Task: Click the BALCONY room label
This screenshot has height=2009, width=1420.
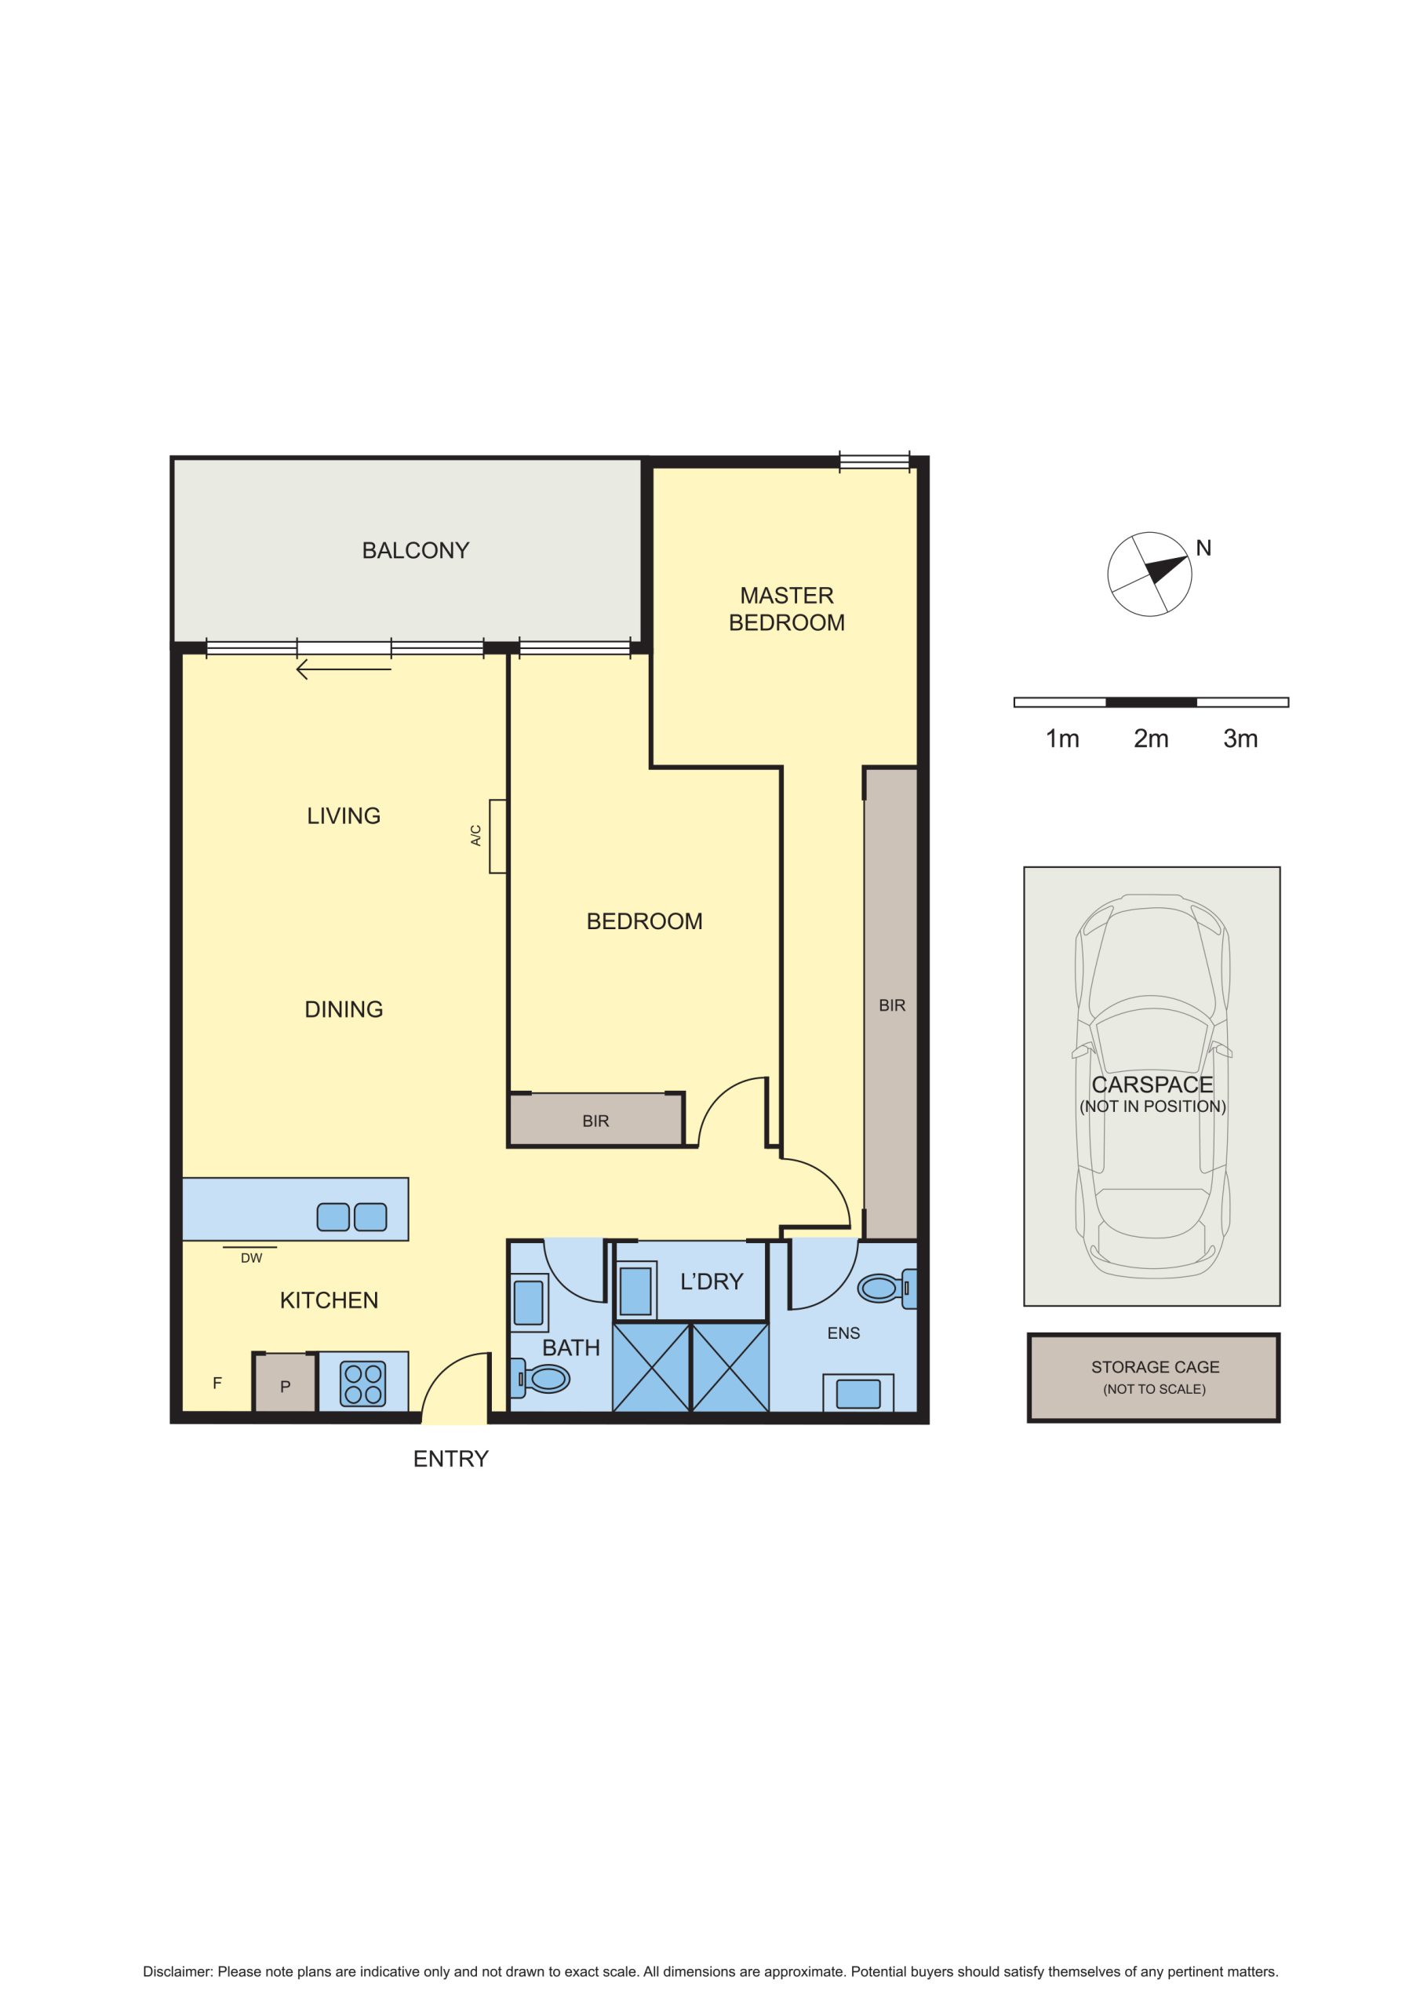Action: [x=416, y=550]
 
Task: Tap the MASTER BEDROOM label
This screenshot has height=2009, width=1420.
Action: [x=787, y=609]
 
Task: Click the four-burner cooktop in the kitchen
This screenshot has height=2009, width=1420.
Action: [x=363, y=1384]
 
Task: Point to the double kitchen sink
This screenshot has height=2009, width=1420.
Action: [x=351, y=1217]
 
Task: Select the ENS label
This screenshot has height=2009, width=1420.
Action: [x=843, y=1333]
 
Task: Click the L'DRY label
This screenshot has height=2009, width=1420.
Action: [x=712, y=1282]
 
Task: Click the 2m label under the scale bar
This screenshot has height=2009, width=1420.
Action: [x=1152, y=738]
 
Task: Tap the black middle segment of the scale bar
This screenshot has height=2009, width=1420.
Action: [x=1152, y=702]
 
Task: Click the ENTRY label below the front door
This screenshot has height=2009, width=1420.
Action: [x=450, y=1459]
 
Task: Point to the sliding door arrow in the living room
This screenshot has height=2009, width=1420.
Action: [x=344, y=670]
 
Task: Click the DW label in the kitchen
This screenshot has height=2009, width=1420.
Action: [x=251, y=1258]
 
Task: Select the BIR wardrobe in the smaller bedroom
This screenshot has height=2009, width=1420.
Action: [x=595, y=1120]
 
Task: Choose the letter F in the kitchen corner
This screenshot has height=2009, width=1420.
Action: [x=217, y=1384]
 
